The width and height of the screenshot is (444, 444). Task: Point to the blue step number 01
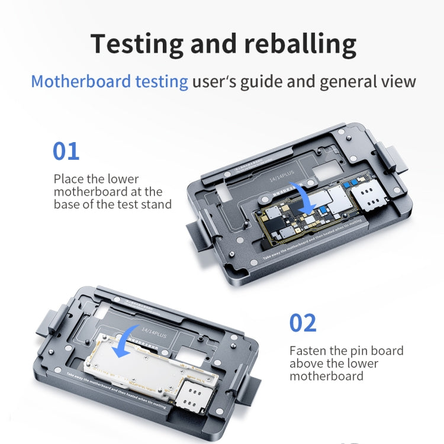click(x=66, y=152)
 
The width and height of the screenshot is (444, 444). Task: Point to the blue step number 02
click(x=303, y=323)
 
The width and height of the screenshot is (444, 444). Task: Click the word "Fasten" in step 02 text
click(x=307, y=351)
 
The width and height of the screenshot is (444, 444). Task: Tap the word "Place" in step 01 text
click(x=68, y=179)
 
